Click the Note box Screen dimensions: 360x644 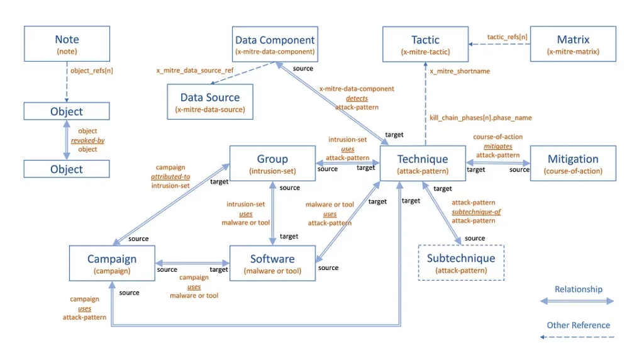coord(67,43)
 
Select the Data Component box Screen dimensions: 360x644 coord(274,43)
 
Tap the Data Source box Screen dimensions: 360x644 coord(210,102)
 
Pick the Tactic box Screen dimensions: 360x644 coord(425,43)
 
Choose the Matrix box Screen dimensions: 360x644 coord(572,43)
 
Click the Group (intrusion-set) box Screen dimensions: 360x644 coord(272,163)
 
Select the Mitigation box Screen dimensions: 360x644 coord(572,163)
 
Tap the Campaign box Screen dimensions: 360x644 coord(112,263)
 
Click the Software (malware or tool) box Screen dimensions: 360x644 coord(272,263)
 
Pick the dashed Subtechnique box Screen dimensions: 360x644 coord(461,262)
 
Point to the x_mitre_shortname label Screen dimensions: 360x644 coord(460,71)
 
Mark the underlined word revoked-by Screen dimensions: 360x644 coord(87,140)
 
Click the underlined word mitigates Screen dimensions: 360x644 coord(497,145)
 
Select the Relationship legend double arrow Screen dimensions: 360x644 coord(577,301)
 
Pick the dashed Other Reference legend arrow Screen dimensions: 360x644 coord(577,337)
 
